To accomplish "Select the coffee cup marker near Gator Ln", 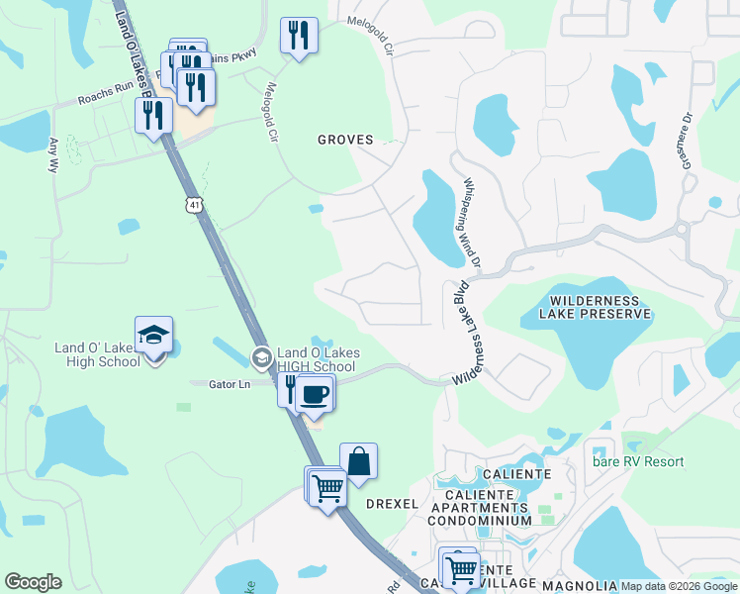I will pyautogui.click(x=315, y=394).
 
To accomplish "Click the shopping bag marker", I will pyautogui.click(x=358, y=461).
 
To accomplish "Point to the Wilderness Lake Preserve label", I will pyautogui.click(x=588, y=307).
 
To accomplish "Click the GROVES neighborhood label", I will pyautogui.click(x=345, y=140).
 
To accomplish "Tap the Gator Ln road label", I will pyautogui.click(x=228, y=384).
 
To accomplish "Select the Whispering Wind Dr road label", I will pyautogui.click(x=471, y=224).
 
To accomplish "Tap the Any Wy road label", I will pyautogui.click(x=54, y=157).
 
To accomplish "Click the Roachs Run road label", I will pyautogui.click(x=101, y=100).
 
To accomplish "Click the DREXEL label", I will pyautogui.click(x=393, y=504).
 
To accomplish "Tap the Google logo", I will pyautogui.click(x=33, y=582).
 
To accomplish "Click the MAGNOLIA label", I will pyautogui.click(x=580, y=585).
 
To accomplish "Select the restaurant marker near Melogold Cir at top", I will pyautogui.click(x=298, y=36).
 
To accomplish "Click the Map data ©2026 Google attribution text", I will pyautogui.click(x=678, y=586).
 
